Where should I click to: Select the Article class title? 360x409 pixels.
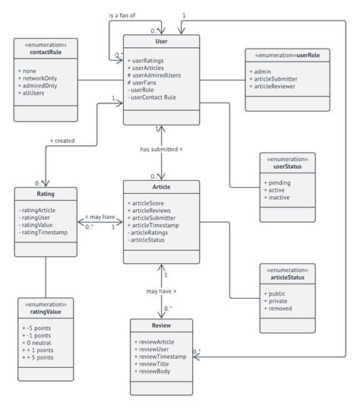161,186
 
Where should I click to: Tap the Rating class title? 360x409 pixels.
45,194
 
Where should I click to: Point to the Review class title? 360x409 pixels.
161,326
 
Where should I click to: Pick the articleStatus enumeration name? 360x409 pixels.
286,277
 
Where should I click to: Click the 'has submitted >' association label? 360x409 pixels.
161,149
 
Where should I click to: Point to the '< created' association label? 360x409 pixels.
62,140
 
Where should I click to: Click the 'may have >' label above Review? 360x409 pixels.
161,290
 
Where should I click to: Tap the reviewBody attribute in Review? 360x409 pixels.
154,372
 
